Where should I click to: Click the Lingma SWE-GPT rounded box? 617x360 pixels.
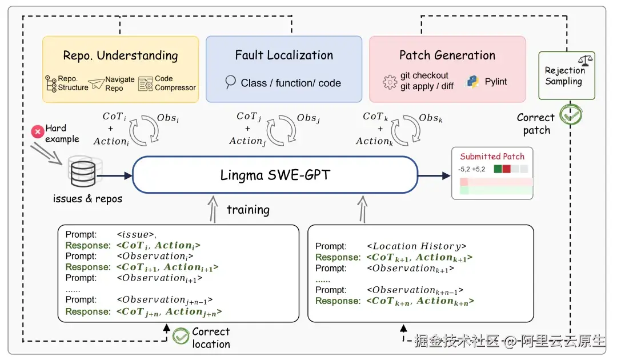pyautogui.click(x=275, y=175)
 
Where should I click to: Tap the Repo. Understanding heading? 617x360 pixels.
pyautogui.click(x=121, y=55)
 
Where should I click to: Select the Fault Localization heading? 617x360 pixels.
pyautogui.click(x=284, y=55)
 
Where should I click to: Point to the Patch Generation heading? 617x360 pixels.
pyautogui.click(x=447, y=55)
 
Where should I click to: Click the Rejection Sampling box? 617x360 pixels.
pyautogui.click(x=566, y=75)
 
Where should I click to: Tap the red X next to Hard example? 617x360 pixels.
pyautogui.click(x=38, y=133)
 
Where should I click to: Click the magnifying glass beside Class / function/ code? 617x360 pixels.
pyautogui.click(x=230, y=82)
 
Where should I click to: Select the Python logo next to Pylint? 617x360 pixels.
pyautogui.click(x=472, y=82)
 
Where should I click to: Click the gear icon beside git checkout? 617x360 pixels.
pyautogui.click(x=390, y=82)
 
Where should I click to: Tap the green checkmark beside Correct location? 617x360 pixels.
pyautogui.click(x=181, y=336)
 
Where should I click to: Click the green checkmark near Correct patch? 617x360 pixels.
pyautogui.click(x=570, y=115)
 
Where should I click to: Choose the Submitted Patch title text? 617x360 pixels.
pyautogui.click(x=492, y=156)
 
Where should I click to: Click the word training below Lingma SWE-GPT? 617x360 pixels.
pyautogui.click(x=248, y=209)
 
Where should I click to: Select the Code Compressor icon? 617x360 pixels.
pyautogui.click(x=146, y=83)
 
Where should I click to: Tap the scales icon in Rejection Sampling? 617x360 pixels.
pyautogui.click(x=585, y=60)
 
